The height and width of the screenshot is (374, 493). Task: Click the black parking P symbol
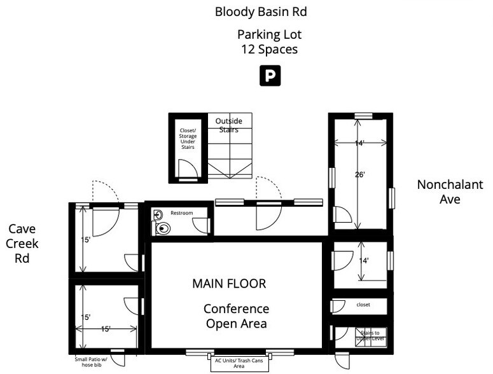[270, 76]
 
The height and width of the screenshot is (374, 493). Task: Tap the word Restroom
[181, 213]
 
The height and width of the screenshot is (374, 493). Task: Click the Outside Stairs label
[229, 125]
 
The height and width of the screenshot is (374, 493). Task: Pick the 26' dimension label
[360, 174]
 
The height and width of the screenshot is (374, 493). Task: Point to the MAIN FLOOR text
[229, 284]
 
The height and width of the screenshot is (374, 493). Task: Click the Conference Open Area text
[236, 316]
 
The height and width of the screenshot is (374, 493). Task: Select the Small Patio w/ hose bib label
[92, 361]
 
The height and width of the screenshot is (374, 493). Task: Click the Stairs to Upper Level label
[370, 335]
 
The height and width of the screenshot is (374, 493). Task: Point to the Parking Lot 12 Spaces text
[269, 42]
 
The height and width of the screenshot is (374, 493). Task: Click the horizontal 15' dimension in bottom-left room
[106, 329]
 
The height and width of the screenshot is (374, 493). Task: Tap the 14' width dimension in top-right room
[359, 144]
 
